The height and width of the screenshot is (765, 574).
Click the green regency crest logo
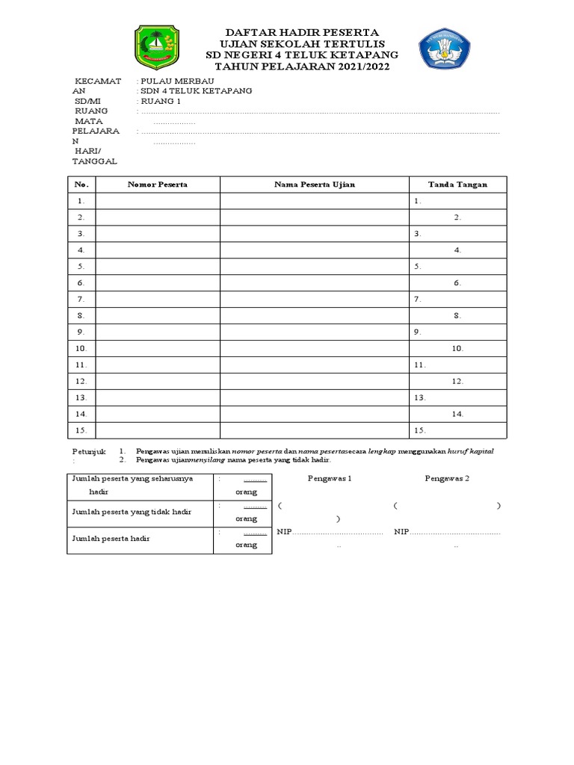(x=156, y=47)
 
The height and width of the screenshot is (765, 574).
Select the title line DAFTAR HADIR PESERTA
(x=303, y=33)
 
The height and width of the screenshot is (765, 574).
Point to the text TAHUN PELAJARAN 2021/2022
(x=303, y=66)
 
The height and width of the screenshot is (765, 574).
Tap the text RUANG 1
(x=161, y=101)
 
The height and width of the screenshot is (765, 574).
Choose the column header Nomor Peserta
(x=158, y=185)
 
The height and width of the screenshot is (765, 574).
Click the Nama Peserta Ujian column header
(x=314, y=185)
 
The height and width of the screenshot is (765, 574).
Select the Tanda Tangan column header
(x=457, y=185)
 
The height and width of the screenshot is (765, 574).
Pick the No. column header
(x=81, y=185)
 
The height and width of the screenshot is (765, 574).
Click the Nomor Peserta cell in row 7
(x=158, y=299)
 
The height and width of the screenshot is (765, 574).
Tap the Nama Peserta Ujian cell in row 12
(x=314, y=381)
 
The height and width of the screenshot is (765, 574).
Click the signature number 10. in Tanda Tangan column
(x=457, y=348)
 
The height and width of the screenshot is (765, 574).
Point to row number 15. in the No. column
(x=81, y=430)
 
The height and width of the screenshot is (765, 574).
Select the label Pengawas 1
(x=330, y=478)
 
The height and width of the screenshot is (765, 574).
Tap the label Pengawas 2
(x=447, y=478)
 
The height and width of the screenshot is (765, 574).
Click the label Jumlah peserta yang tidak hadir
(x=132, y=512)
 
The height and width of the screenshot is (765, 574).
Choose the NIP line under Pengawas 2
(x=447, y=532)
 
